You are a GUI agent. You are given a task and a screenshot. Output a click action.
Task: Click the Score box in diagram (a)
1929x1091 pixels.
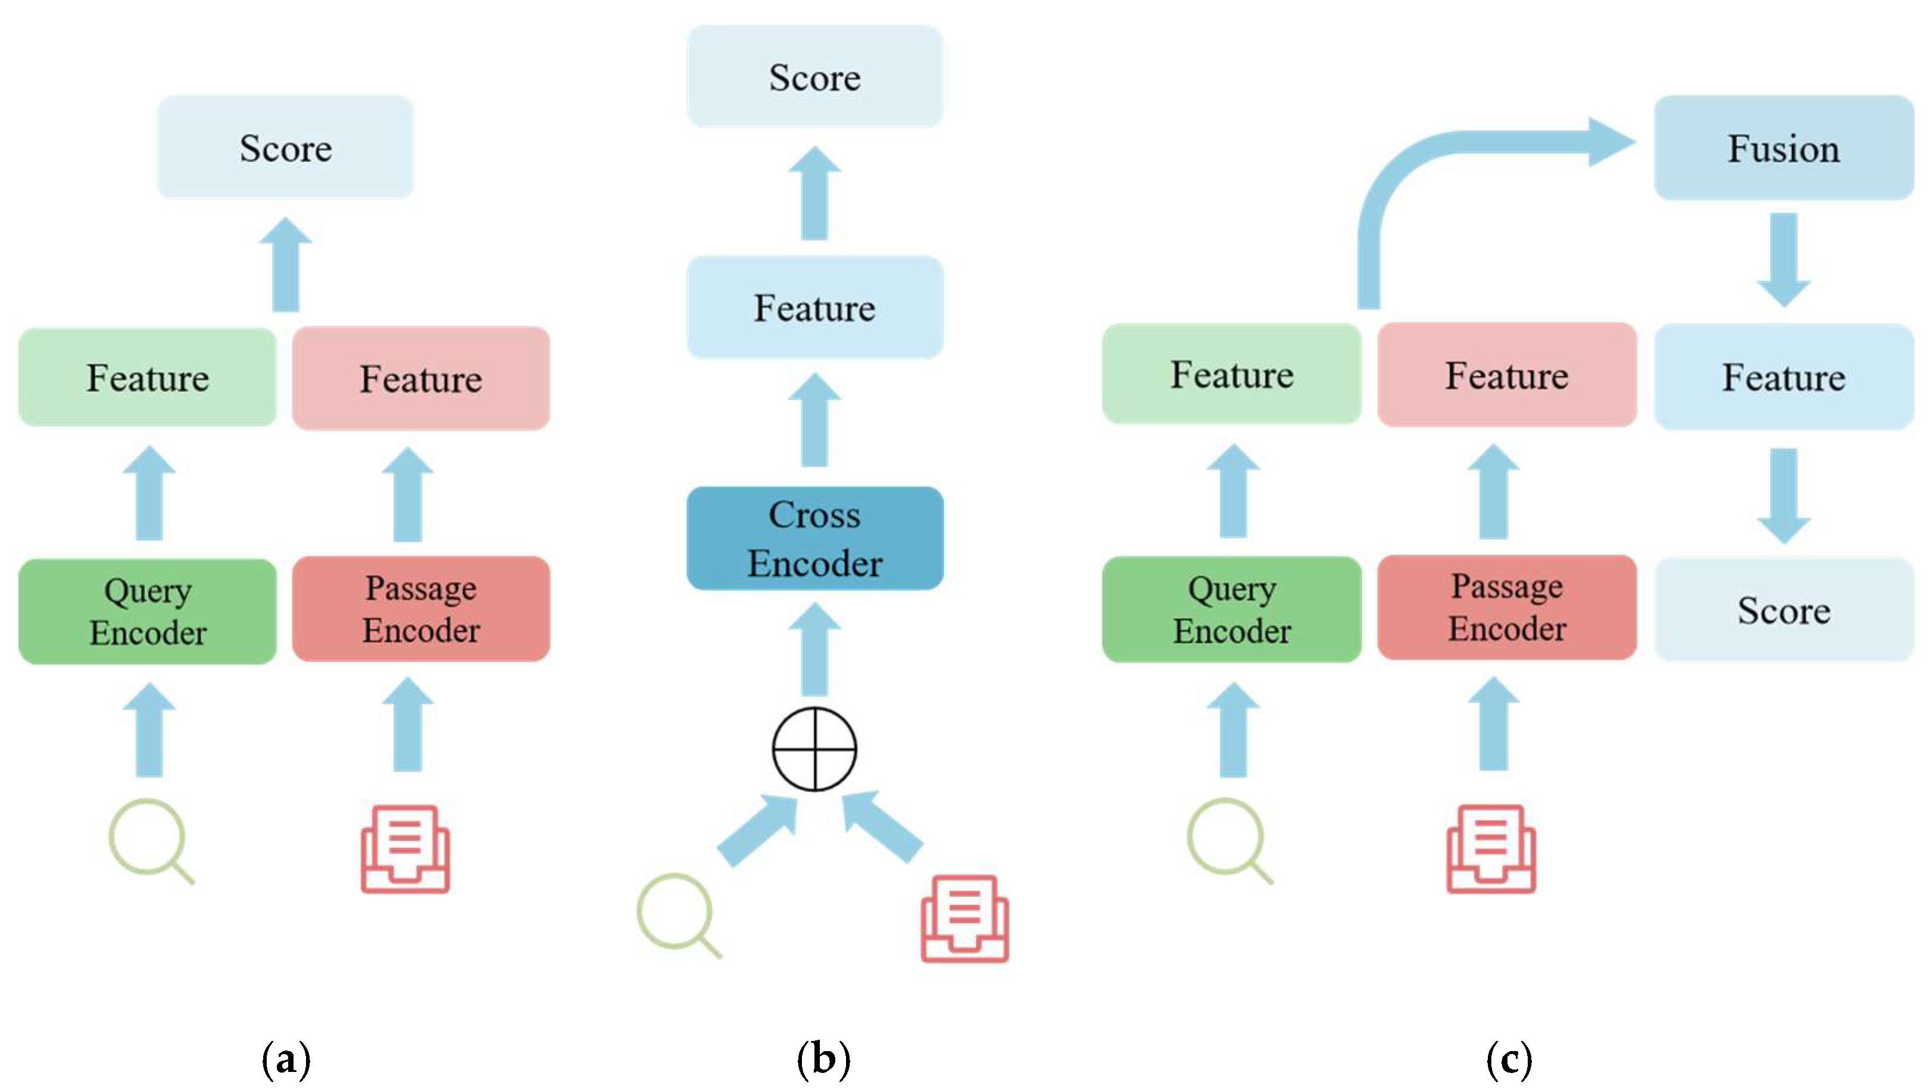tap(285, 148)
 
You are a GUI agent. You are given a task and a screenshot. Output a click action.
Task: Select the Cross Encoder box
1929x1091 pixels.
tap(814, 538)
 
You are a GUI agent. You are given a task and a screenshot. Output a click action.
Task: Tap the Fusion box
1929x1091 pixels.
tap(1783, 148)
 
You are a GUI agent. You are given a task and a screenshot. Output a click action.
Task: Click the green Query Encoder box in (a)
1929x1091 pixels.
tap(148, 610)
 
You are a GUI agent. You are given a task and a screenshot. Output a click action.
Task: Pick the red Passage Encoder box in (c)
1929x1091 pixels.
tap(1506, 607)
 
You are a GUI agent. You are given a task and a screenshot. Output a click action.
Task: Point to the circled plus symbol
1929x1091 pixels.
tap(814, 749)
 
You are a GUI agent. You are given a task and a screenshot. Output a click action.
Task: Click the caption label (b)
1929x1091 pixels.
tap(823, 1059)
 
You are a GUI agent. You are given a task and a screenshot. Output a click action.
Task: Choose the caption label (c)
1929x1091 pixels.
tap(1509, 1059)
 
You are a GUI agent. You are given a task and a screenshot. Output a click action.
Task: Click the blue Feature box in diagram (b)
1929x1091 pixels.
tap(814, 307)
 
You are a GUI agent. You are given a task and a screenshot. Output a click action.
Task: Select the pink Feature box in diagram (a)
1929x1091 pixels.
tap(421, 378)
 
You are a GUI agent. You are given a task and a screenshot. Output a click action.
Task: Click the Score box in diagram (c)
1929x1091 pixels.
tap(1783, 609)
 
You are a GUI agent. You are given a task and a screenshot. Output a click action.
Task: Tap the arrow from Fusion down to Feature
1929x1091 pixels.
tap(1784, 258)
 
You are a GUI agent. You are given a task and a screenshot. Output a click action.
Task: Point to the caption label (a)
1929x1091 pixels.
tap(285, 1059)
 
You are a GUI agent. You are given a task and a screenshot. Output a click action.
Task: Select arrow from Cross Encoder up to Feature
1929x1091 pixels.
tap(814, 421)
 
